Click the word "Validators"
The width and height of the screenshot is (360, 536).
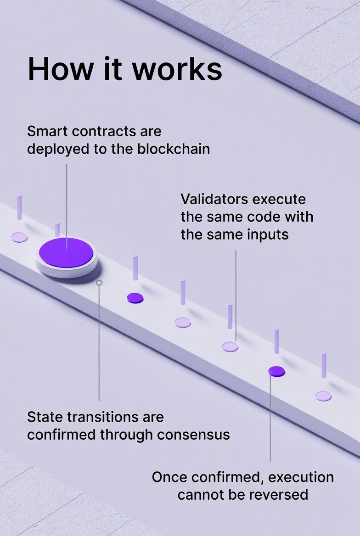click(x=214, y=199)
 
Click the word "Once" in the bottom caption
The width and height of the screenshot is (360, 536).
click(x=169, y=477)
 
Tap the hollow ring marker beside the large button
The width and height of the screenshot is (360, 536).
click(x=99, y=283)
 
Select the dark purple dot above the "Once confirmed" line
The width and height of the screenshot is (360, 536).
click(x=276, y=371)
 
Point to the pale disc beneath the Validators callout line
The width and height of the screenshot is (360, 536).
click(x=230, y=347)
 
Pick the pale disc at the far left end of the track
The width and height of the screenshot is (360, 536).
click(x=19, y=237)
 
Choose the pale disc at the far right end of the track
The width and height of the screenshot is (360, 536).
click(x=323, y=396)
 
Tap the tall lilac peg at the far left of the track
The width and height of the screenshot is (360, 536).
click(x=19, y=207)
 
